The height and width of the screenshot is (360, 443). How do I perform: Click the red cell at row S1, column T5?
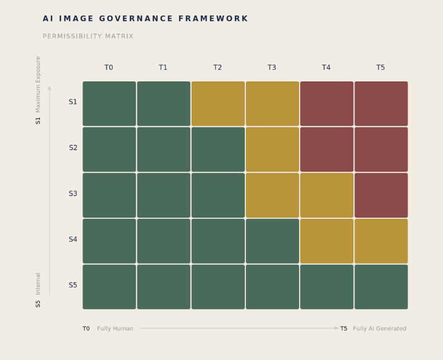pyautogui.click(x=381, y=104)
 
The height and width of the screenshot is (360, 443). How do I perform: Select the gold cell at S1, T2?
pyautogui.click(x=218, y=104)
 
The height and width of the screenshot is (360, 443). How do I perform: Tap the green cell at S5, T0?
pyautogui.click(x=109, y=286)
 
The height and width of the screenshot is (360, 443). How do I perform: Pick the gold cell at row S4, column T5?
pyautogui.click(x=381, y=241)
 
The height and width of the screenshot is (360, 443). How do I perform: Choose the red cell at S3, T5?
pyautogui.click(x=381, y=195)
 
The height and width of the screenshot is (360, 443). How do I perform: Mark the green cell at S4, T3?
pyautogui.click(x=272, y=241)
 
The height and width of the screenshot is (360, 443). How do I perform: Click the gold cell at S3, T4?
pyautogui.click(x=327, y=195)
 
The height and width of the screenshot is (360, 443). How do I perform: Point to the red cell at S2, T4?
pyautogui.click(x=327, y=149)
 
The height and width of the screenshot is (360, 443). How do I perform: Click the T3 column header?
pyautogui.click(x=272, y=68)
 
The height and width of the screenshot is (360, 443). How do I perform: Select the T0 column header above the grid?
pyautogui.click(x=109, y=68)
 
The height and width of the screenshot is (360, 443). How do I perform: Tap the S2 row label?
pyautogui.click(x=73, y=148)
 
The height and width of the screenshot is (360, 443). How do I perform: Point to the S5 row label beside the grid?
pyautogui.click(x=73, y=285)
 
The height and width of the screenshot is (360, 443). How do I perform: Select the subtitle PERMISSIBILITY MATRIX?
pyautogui.click(x=88, y=37)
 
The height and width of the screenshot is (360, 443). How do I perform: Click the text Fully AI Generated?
pyautogui.click(x=379, y=328)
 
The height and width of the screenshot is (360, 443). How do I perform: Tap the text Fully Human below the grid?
pyautogui.click(x=115, y=328)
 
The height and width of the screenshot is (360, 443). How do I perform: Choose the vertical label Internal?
pyautogui.click(x=38, y=284)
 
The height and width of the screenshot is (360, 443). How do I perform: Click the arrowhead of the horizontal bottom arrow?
pyautogui.click(x=337, y=328)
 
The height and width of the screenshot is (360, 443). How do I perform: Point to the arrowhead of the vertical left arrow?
pyautogui.click(x=49, y=88)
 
